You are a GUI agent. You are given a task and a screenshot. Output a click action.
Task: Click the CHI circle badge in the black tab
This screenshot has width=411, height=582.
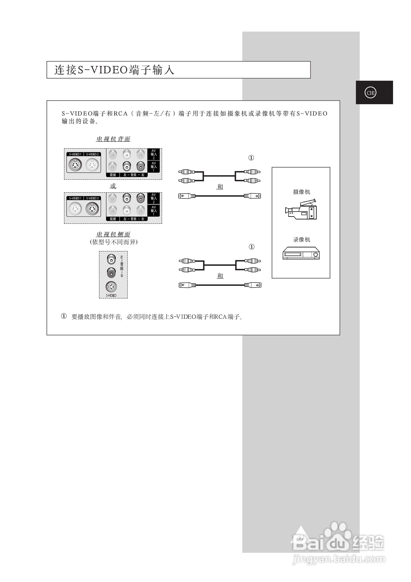click(x=370, y=93)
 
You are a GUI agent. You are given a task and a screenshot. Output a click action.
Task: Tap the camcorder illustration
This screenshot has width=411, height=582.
click(x=301, y=209)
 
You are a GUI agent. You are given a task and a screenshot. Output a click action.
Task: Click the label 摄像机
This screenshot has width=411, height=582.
click(x=302, y=192)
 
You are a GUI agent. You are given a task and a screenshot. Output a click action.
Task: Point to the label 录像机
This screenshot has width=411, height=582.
click(x=302, y=240)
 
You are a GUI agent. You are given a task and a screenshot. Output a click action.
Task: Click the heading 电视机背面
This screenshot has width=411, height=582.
click(x=113, y=139)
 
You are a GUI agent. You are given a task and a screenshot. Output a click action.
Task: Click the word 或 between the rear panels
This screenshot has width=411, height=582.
click(x=113, y=186)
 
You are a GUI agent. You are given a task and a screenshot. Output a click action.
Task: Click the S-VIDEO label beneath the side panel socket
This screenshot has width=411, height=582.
click(x=111, y=295)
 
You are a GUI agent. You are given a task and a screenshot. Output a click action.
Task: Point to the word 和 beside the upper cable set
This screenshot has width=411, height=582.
click(x=220, y=187)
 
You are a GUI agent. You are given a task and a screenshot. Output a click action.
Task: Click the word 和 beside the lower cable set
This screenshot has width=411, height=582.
click(x=220, y=276)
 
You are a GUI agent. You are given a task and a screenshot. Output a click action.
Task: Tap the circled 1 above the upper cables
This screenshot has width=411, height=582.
click(x=251, y=158)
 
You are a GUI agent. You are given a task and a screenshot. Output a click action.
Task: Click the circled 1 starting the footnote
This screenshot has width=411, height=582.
click(x=64, y=316)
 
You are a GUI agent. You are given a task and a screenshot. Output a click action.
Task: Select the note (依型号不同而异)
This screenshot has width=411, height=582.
click(x=113, y=242)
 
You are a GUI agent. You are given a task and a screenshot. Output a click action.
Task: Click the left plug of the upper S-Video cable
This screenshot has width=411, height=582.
click(x=187, y=196)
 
